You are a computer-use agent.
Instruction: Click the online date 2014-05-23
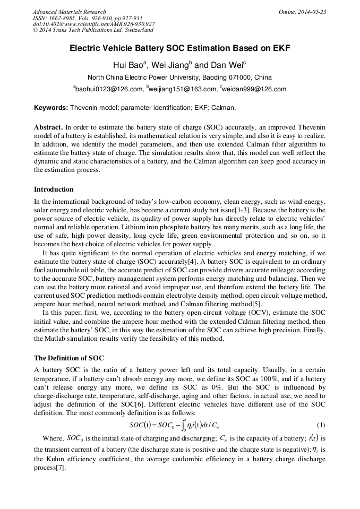pyautogui.click(x=303, y=12)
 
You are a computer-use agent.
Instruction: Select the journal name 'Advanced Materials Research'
pyautogui.click(x=69, y=12)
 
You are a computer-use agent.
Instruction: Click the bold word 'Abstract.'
pyautogui.click(x=48, y=128)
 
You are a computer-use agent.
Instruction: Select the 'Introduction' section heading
pyautogui.click(x=54, y=189)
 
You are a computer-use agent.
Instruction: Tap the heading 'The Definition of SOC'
pyautogui.click(x=69, y=358)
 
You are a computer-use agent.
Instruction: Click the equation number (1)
pyautogui.click(x=321, y=425)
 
